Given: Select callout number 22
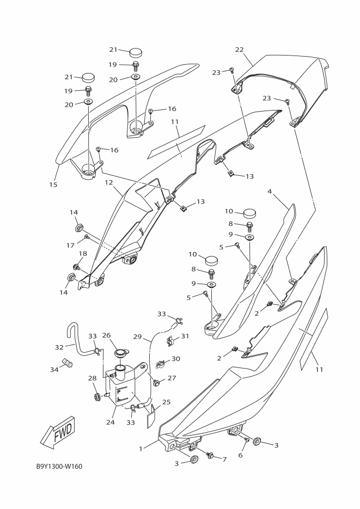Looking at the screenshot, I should (x=239, y=50).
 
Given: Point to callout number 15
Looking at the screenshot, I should (x=53, y=185).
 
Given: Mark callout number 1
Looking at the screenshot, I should (x=141, y=449).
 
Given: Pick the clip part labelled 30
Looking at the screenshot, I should (x=161, y=361).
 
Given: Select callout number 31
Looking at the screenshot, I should (x=185, y=336).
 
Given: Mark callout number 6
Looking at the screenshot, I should (x=240, y=455).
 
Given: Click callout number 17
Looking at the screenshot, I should (x=70, y=246).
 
